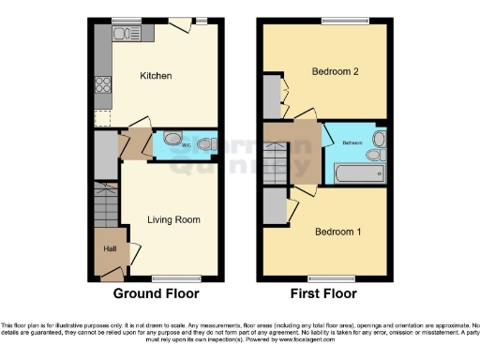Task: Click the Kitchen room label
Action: [156, 76]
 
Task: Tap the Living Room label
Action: [173, 220]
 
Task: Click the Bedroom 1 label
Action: [337, 232]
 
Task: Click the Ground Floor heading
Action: [157, 293]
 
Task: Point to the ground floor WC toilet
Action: [207, 144]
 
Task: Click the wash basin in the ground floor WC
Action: [171, 138]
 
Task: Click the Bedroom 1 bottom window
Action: [332, 277]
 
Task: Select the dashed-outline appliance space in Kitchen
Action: [103, 118]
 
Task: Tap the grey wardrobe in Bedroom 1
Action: [273, 206]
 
